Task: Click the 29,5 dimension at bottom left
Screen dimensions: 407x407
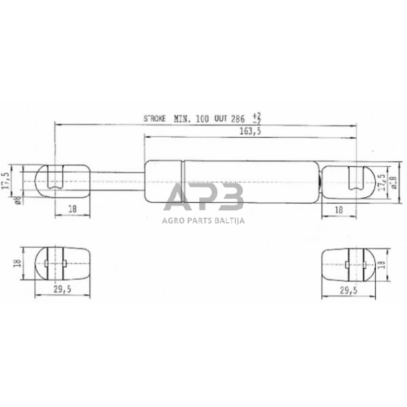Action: click(x=62, y=290)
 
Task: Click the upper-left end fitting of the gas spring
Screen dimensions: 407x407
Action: click(x=62, y=179)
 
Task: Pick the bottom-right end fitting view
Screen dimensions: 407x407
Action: click(x=352, y=263)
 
